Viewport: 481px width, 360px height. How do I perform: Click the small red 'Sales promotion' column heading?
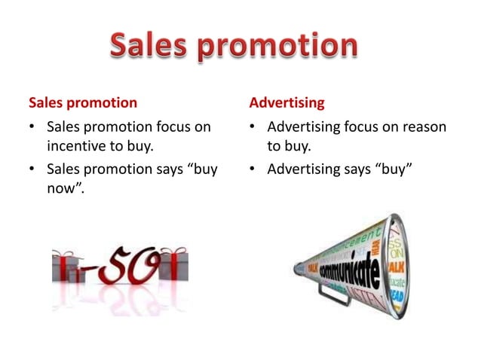[83, 101]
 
